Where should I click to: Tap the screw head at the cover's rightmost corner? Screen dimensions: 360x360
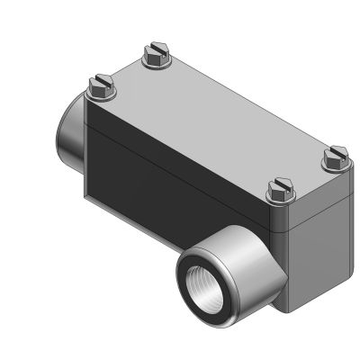click(x=335, y=157)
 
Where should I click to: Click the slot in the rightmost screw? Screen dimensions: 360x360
click(x=335, y=154)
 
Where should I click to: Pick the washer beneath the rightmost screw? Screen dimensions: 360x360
click(x=335, y=165)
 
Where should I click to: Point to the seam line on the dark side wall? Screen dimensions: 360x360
click(x=162, y=157)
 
